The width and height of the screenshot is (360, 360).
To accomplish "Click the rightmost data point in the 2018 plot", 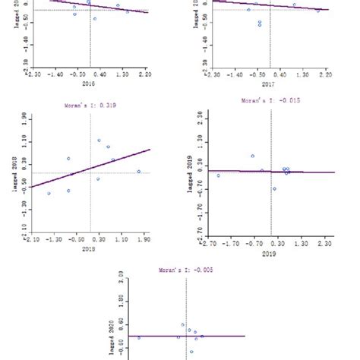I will click(139, 172).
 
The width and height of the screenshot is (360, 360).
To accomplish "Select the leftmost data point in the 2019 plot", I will click(219, 175).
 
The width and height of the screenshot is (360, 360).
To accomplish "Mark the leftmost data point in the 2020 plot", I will click(138, 337).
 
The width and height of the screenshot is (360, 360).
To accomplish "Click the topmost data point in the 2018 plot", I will click(99, 141).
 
